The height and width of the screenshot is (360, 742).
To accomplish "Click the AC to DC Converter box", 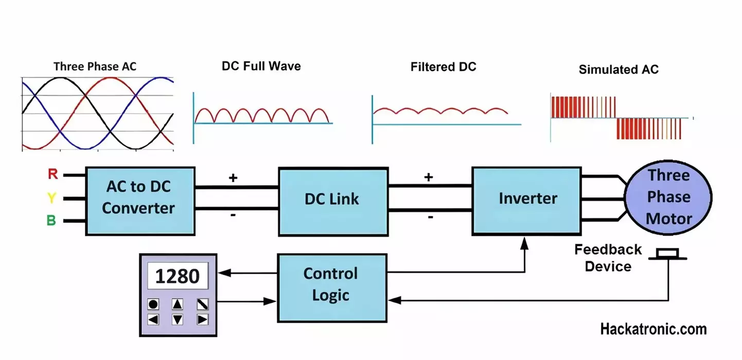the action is tap(140, 201).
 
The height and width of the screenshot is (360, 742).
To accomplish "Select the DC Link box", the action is tap(333, 202).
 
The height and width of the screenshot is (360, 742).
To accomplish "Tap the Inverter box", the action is tap(527, 201).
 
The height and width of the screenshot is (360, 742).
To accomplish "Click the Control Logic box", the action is tap(332, 288).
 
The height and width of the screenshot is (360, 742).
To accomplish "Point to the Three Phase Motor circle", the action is tap(668, 197).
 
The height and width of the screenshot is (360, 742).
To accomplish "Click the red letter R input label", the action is tap(53, 174).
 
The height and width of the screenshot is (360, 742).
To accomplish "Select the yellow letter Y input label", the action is tap(51, 197).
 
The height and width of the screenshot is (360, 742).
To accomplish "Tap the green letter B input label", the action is tap(51, 220).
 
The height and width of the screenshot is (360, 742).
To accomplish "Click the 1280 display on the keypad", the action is tap(178, 276).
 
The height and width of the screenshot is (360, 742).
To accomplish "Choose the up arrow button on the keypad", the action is tap(178, 304).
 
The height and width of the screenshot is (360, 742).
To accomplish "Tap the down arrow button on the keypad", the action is tap(178, 319).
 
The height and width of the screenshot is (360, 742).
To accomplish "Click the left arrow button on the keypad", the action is tap(153, 319).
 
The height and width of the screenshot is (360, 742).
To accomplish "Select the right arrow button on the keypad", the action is tap(202, 319).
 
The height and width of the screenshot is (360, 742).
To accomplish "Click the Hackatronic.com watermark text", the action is tap(653, 329).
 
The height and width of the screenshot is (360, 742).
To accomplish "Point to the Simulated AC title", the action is tap(619, 69).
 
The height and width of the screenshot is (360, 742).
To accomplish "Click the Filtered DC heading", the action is tap(443, 67).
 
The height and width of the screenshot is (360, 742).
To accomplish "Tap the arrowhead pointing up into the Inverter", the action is tap(524, 243).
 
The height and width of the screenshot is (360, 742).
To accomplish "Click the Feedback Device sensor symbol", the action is tap(667, 254).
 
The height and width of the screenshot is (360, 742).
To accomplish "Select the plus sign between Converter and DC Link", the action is tap(233, 178).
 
